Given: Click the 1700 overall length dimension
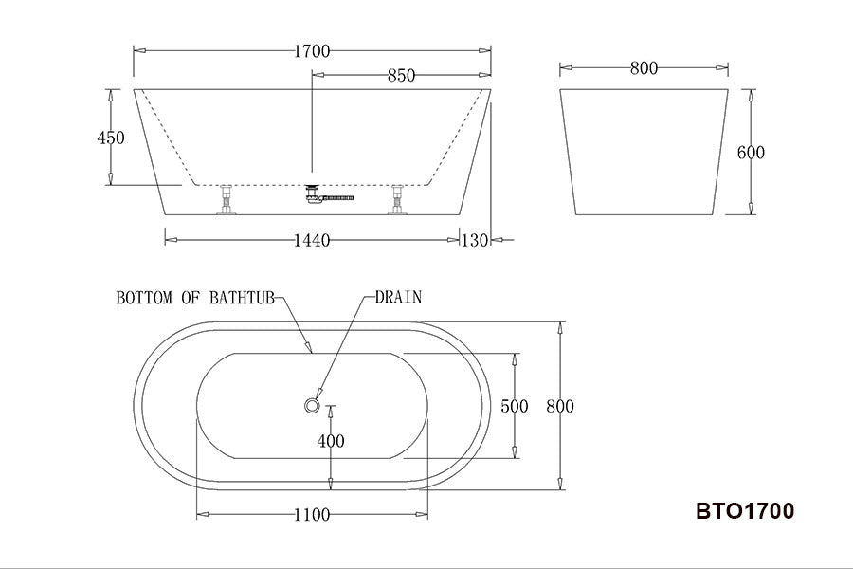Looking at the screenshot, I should [x=312, y=51].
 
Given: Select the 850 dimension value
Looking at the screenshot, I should [x=401, y=76].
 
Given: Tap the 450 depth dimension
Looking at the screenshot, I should [x=111, y=138].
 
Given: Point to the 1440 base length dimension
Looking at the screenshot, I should [x=312, y=241].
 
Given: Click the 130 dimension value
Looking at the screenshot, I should [x=474, y=241].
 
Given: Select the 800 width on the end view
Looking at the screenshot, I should [x=644, y=68].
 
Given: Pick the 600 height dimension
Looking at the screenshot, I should [x=751, y=153].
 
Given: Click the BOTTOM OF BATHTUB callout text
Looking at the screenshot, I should [x=194, y=298].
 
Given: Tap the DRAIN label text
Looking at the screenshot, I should [x=398, y=297].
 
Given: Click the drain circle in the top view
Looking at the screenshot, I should [x=312, y=406].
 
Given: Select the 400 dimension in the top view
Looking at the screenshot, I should [x=331, y=441].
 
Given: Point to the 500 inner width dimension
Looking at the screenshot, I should [x=514, y=407].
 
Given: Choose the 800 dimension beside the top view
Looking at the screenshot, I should [x=560, y=407].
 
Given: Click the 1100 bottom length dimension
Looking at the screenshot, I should [x=312, y=515].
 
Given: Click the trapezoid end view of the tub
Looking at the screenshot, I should [x=644, y=152].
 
